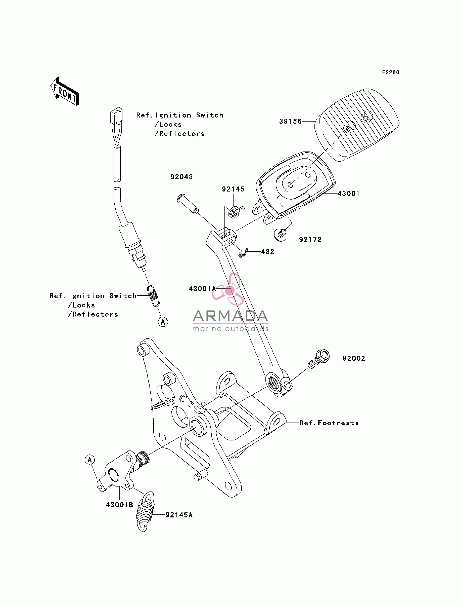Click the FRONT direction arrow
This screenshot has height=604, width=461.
click(x=65, y=91)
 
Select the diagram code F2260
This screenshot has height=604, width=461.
click(x=391, y=72)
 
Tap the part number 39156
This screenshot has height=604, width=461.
click(x=290, y=121)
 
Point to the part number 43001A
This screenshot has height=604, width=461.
click(x=202, y=289)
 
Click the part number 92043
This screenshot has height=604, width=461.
click(x=182, y=177)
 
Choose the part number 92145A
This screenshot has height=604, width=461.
click(x=179, y=515)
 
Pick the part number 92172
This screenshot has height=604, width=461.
click(x=310, y=240)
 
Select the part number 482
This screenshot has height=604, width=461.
click(x=267, y=252)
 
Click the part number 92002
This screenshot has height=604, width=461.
click(x=354, y=358)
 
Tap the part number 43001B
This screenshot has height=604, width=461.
click(x=119, y=505)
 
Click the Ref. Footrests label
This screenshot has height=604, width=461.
click(x=329, y=423)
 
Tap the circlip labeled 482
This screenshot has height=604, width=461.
click(x=243, y=253)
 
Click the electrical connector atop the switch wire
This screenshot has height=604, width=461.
click(x=116, y=115)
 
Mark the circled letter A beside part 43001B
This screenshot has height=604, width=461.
click(x=90, y=460)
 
